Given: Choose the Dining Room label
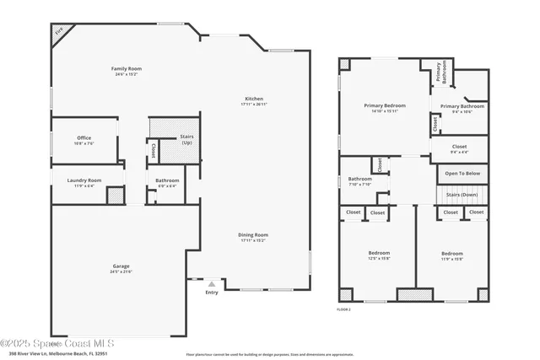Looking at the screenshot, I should [x=254, y=237].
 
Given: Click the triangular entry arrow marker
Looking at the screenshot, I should [x=211, y=284].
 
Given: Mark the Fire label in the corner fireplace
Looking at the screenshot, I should [x=59, y=34].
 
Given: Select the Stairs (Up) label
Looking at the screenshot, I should [x=186, y=139].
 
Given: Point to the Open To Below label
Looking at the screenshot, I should [x=462, y=174].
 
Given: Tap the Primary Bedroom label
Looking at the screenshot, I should [x=385, y=107].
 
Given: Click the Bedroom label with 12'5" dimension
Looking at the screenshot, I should [x=379, y=255].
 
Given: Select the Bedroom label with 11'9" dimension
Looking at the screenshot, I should [x=452, y=255].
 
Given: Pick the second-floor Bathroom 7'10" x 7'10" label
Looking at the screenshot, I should [x=360, y=180].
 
